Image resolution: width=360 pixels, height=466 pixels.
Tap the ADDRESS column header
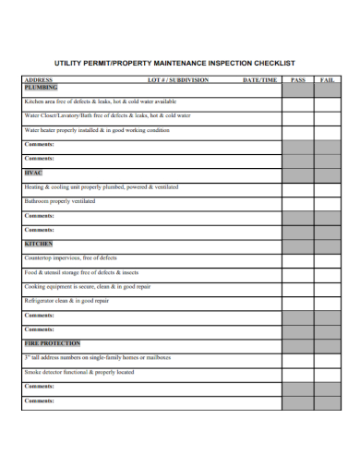(39, 80)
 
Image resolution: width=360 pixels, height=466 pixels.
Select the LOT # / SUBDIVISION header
(178, 80)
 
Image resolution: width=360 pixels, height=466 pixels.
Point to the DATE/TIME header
(258, 80)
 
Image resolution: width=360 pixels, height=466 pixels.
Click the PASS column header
(297, 80)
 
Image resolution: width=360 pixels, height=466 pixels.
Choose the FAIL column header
(327, 80)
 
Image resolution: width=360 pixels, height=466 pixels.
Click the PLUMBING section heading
(41, 87)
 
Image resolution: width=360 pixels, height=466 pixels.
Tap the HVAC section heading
(32, 172)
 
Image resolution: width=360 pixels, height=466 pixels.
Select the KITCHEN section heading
(38, 244)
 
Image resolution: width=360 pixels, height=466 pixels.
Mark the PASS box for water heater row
(297, 130)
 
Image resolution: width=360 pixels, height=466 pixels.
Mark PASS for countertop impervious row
(297, 257)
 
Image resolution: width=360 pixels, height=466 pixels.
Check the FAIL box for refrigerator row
(327, 301)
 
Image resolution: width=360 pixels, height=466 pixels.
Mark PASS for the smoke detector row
(297, 372)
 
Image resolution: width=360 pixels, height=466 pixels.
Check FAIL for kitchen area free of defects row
(327, 102)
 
